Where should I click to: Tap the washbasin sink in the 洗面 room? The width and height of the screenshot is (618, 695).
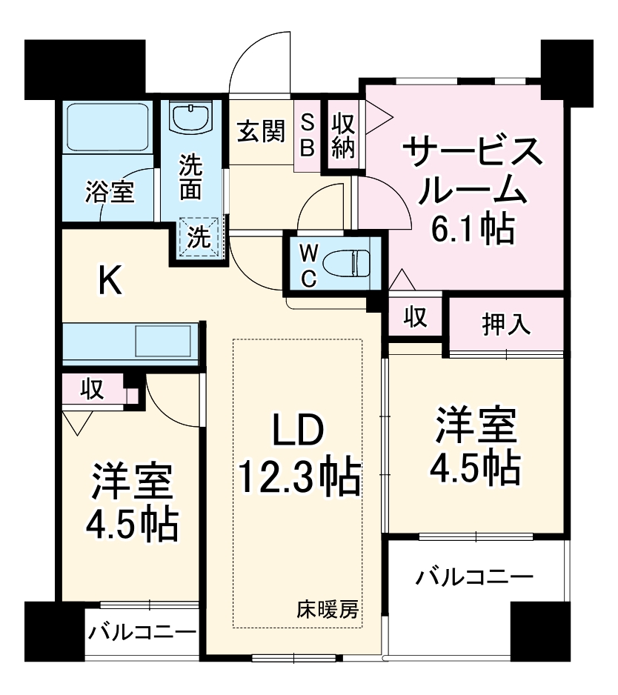click(x=192, y=117)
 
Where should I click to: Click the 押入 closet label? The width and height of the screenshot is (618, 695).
click(x=506, y=323)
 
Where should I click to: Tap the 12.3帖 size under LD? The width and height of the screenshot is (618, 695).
click(x=299, y=478)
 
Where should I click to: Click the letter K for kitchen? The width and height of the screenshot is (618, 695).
click(x=111, y=281)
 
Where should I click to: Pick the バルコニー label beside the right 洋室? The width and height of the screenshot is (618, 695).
click(x=474, y=576)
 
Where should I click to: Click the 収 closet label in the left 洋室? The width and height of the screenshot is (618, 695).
click(x=91, y=388)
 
